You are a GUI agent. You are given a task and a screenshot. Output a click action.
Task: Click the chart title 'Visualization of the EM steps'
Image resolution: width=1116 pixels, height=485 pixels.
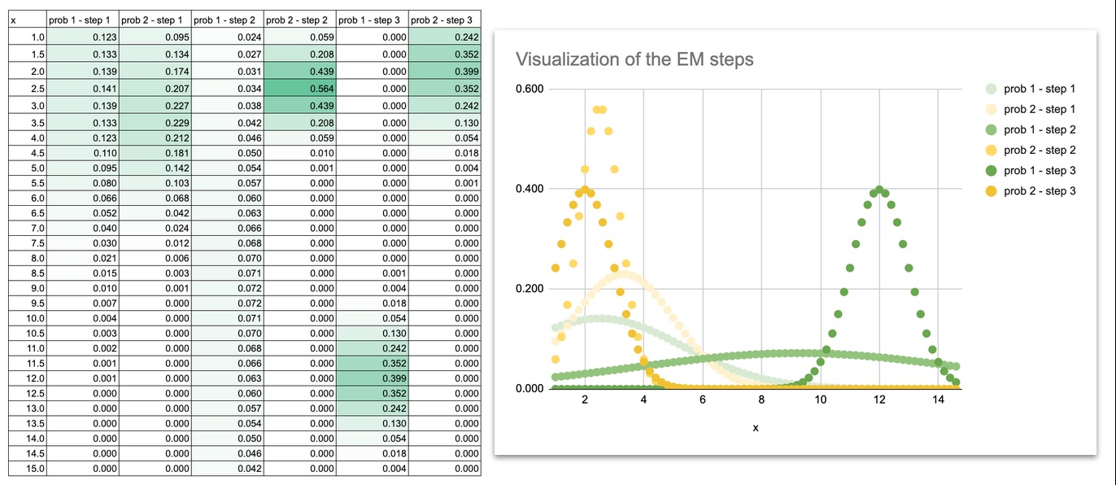click(x=634, y=59)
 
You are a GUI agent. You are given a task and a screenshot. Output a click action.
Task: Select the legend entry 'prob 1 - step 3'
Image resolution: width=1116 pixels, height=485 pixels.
click(x=1040, y=171)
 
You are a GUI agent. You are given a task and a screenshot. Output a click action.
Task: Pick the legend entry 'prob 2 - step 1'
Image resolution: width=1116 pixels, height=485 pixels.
click(x=1040, y=109)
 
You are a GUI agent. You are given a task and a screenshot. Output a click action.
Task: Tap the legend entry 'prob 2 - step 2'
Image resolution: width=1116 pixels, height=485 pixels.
click(x=1040, y=151)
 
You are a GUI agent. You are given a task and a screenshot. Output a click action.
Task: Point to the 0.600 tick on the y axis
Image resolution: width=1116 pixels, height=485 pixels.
click(x=530, y=90)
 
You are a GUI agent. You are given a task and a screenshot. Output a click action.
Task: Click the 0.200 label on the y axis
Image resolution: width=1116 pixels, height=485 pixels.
click(x=530, y=289)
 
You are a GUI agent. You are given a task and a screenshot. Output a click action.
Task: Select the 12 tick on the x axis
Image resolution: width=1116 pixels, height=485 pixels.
click(x=878, y=400)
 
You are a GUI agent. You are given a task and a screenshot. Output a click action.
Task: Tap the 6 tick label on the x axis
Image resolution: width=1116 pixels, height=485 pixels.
click(x=702, y=400)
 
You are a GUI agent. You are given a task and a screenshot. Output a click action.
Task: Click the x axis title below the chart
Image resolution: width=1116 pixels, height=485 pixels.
click(x=756, y=428)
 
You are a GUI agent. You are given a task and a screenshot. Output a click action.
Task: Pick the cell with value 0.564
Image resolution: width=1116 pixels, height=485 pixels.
click(x=299, y=89)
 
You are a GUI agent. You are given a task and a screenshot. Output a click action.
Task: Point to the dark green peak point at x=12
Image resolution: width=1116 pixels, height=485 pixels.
click(x=878, y=190)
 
